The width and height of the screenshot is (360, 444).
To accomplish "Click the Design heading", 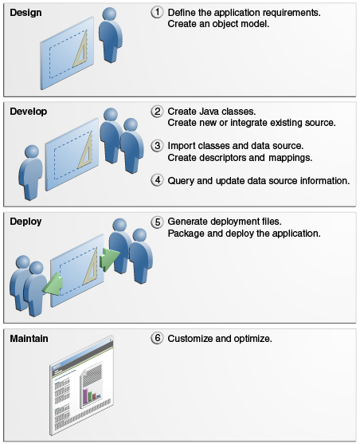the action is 25,13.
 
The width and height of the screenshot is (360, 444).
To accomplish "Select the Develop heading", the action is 29,112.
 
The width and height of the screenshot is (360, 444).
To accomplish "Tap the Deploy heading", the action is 25,222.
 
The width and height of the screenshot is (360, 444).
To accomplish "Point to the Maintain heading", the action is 29,338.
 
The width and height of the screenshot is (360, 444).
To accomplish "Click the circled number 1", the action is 157,12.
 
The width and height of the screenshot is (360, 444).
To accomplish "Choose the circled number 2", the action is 157,112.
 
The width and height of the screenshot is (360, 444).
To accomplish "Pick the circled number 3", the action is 157,146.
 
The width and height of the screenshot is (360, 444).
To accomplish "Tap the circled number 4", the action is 157,180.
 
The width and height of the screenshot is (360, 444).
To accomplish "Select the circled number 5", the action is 157,222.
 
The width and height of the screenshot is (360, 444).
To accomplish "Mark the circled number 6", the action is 157,338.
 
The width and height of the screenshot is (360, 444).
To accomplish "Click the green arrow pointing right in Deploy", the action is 109,259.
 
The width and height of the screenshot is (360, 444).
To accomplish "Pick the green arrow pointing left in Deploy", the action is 53,284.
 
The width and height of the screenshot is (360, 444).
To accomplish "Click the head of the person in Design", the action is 109,14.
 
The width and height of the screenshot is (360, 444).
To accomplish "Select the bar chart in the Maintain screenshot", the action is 92,395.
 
